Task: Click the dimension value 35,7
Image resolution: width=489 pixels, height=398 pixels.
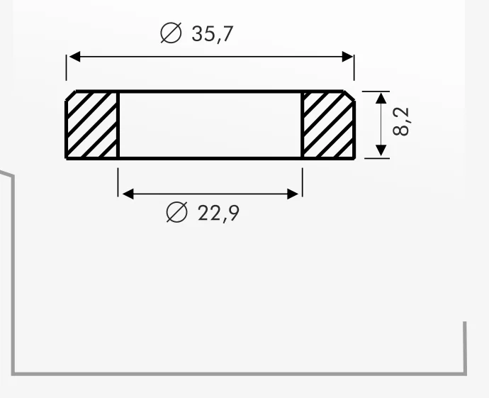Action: click(213, 34)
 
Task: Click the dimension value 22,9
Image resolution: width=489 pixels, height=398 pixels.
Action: click(218, 214)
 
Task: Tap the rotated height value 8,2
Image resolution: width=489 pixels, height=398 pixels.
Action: click(401, 121)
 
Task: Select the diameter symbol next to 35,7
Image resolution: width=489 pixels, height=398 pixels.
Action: click(171, 33)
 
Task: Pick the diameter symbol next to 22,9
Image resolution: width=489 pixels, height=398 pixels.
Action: click(177, 212)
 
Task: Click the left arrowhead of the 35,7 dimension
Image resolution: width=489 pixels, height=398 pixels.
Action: click(74, 57)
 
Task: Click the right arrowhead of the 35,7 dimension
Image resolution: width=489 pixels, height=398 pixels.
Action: click(347, 57)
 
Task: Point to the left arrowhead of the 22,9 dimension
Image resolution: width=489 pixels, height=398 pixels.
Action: click(128, 194)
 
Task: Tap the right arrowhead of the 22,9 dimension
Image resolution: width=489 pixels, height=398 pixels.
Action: click(293, 194)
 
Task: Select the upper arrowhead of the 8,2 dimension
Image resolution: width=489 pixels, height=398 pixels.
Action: click(381, 98)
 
